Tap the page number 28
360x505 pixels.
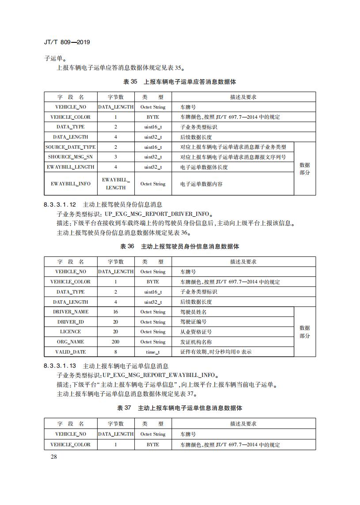(x=53, y=456)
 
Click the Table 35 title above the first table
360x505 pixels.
(x=179, y=82)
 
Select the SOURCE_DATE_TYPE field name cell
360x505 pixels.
(x=71, y=147)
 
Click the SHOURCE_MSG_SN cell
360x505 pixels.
(x=71, y=157)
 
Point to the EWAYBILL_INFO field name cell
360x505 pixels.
(x=71, y=184)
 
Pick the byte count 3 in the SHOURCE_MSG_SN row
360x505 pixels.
(x=116, y=157)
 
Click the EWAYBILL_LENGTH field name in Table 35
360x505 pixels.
(x=71, y=167)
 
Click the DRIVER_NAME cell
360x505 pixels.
(x=71, y=312)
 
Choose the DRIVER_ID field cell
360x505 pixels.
(x=71, y=322)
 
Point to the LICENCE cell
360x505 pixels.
(x=71, y=332)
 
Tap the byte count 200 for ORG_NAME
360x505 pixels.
(x=116, y=342)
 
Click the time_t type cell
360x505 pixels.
(x=153, y=352)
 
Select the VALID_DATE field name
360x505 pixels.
(x=71, y=352)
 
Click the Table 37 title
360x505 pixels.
(x=179, y=408)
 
